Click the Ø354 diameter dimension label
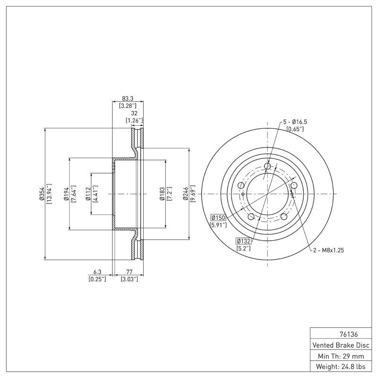[x=42, y=194]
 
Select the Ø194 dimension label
[x=67, y=194]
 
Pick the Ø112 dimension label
[x=88, y=194]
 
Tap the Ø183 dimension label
[x=163, y=194]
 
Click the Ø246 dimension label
[x=187, y=194]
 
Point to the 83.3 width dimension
[x=128, y=98]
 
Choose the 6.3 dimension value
[x=97, y=272]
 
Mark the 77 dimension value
[x=129, y=272]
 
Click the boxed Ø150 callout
[x=218, y=217]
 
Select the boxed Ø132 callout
[x=243, y=241]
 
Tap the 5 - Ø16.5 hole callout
[x=299, y=122]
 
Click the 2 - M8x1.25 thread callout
[x=327, y=250]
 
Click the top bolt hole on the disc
[x=268, y=166]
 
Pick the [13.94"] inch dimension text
[x=49, y=194]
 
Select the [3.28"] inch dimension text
[x=128, y=105]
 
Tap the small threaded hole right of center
[x=292, y=194]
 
